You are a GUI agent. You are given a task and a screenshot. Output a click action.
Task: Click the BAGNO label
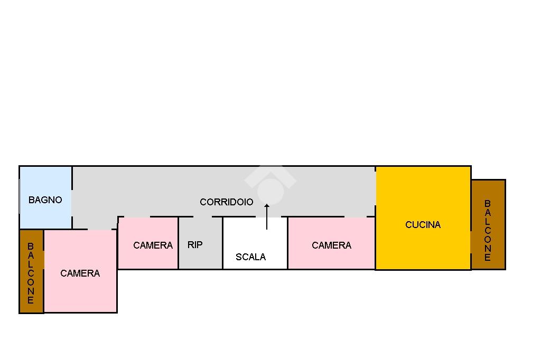[x=45, y=200]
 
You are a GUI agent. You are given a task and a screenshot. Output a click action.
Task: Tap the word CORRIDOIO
[x=226, y=202]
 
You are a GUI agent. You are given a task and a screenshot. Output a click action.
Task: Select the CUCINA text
[x=423, y=225]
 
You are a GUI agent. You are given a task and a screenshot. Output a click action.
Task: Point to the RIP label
[x=195, y=245]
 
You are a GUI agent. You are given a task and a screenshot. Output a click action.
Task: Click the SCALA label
[x=250, y=257]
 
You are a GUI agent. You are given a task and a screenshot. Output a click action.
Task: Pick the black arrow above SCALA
[x=267, y=216]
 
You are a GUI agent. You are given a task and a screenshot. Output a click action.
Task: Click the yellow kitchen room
[x=423, y=218]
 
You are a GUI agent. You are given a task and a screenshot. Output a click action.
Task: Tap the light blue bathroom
[x=45, y=197]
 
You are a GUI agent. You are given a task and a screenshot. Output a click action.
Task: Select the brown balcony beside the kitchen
[x=488, y=224]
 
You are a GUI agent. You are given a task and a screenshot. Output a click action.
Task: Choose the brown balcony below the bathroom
[x=31, y=271]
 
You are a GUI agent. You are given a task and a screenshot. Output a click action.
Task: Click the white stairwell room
[x=255, y=243]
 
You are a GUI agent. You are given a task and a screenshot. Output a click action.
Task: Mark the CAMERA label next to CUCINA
[x=331, y=245]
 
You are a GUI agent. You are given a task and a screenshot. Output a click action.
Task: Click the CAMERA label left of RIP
[x=153, y=245]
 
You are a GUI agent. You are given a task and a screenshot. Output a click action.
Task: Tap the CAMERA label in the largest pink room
[x=80, y=273]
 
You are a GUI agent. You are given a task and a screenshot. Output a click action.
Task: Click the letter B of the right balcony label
[x=487, y=203]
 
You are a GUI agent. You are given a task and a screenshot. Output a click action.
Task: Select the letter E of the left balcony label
[x=30, y=300]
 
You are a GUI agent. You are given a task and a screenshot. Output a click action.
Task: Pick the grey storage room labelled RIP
[x=200, y=243]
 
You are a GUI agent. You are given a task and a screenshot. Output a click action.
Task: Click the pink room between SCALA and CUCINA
[x=331, y=243]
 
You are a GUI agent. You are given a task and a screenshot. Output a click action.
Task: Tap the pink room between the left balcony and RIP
[x=80, y=271]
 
